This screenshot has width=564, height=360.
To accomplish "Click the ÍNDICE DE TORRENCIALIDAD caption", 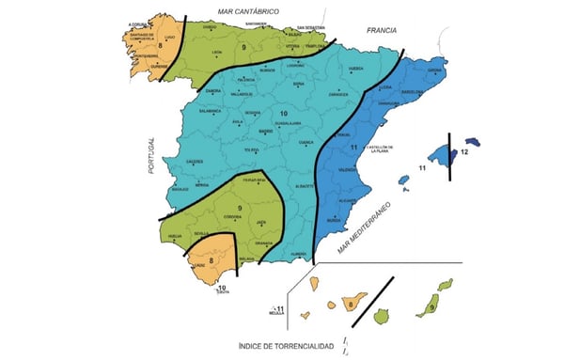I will pos(286,347).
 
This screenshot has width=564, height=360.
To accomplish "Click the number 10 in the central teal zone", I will pos(283,114).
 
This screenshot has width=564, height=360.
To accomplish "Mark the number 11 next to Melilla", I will pos(279,309).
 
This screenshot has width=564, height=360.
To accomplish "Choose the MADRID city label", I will pos(266,132).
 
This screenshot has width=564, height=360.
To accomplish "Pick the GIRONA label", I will pos(434,70).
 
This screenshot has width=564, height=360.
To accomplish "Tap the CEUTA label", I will pos(223,292).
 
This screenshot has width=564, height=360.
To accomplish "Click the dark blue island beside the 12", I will pos(474,141).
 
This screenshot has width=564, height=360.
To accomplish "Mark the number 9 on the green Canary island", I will pos(431,305).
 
